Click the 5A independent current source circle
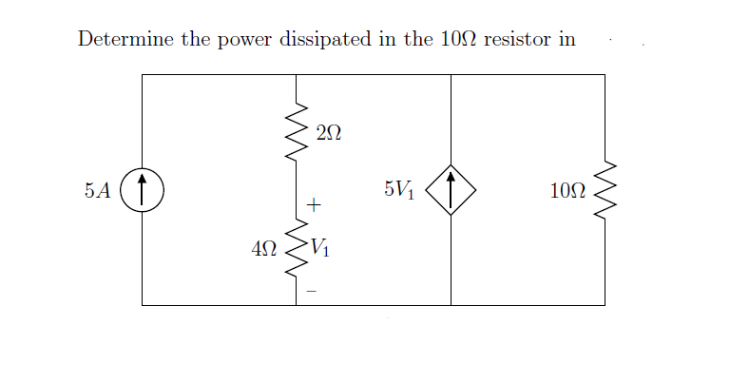click(x=142, y=190)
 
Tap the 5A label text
click(x=96, y=190)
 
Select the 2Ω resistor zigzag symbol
click(x=297, y=133)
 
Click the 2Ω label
click(x=327, y=136)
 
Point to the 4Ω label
click(x=264, y=250)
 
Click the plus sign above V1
click(x=315, y=204)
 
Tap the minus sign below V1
click(x=312, y=291)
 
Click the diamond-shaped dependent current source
click(x=451, y=190)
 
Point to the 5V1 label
click(x=399, y=189)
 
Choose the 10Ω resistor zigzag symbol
click(x=605, y=190)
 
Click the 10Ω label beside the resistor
click(x=567, y=190)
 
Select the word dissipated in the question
click(x=321, y=40)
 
